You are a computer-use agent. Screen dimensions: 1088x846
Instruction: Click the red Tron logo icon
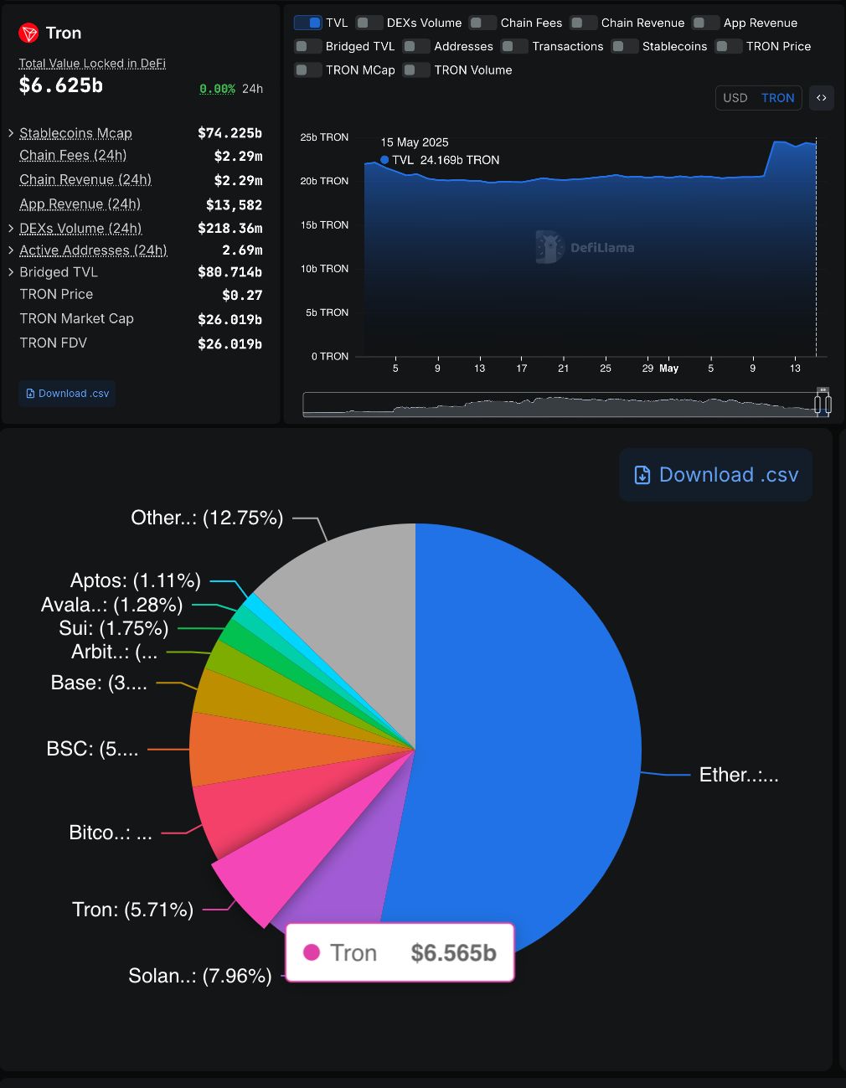tap(28, 34)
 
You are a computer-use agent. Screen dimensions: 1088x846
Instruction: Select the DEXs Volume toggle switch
tap(369, 23)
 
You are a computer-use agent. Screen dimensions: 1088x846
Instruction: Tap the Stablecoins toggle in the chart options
tap(625, 46)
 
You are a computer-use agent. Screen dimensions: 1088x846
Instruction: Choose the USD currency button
tap(735, 98)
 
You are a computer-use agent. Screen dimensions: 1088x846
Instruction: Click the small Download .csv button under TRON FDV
tap(67, 394)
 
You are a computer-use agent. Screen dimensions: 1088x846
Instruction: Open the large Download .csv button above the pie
tap(715, 475)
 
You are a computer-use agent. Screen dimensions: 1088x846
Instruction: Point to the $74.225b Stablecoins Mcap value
tap(230, 133)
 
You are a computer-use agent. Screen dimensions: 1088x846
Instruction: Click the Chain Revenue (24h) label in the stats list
tap(85, 180)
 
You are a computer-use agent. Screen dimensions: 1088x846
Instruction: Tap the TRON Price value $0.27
tap(242, 295)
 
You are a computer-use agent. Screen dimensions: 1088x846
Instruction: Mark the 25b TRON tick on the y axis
tap(324, 137)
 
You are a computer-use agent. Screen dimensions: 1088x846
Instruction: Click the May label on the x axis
tap(668, 369)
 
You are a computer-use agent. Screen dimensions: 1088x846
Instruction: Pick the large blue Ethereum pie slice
tap(536, 737)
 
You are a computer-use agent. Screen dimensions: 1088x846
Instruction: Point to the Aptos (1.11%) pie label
tap(135, 580)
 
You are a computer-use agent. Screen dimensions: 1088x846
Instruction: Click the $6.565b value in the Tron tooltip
tap(453, 953)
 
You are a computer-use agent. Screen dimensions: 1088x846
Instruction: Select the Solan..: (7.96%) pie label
tap(199, 976)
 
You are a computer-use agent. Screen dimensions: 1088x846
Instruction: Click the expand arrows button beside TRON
tap(821, 98)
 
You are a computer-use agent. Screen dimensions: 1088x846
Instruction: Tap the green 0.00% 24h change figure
tap(217, 89)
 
